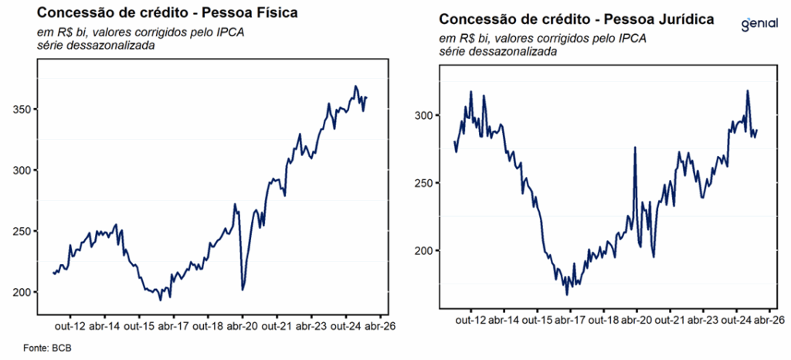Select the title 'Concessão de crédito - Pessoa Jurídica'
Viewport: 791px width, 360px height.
click(576, 19)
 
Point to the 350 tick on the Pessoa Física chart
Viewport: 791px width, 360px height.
click(23, 110)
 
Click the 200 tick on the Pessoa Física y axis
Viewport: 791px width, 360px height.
click(23, 292)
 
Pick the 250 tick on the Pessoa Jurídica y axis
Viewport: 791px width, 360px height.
click(426, 183)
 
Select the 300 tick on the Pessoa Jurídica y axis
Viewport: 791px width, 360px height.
click(426, 116)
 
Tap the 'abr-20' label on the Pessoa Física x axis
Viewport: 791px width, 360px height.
click(242, 326)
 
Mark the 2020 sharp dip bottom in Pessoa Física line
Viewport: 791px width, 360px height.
click(243, 290)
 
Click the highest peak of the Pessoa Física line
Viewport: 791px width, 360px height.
click(355, 86)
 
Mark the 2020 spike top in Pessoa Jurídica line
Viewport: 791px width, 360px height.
click(635, 147)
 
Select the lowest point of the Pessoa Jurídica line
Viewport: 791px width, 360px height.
click(567, 294)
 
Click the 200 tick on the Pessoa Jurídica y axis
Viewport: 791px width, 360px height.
click(426, 251)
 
